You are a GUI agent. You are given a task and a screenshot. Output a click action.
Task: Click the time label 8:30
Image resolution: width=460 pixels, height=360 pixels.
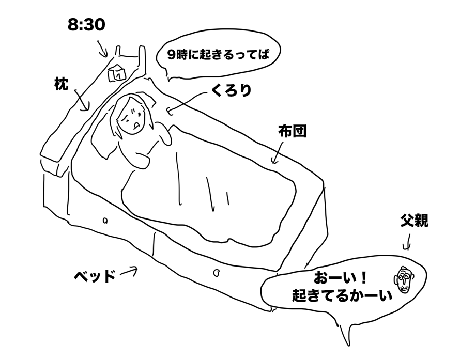point(86,25)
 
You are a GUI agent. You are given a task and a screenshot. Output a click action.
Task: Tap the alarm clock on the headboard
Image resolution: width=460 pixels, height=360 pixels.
point(117,73)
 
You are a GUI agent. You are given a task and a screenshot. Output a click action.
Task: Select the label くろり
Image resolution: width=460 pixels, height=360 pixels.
point(231,90)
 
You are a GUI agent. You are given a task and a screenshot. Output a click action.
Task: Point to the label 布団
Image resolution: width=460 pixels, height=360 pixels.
point(292,131)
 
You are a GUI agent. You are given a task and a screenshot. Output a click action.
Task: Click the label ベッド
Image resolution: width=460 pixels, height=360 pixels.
point(95,276)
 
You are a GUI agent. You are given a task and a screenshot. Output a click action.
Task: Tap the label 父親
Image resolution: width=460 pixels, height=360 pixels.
point(414,221)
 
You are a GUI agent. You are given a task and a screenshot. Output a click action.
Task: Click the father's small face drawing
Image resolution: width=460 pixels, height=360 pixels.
point(404,279)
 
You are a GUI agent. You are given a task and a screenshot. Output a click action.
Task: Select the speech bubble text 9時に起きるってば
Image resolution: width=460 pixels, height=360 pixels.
point(218,55)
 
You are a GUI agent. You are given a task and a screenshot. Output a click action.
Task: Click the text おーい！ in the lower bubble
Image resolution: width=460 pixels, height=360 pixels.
point(340,278)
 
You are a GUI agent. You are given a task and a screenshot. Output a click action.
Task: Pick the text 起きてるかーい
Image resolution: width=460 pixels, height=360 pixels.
point(342,295)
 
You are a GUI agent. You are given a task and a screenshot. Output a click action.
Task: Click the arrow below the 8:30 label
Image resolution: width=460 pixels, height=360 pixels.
point(103,49)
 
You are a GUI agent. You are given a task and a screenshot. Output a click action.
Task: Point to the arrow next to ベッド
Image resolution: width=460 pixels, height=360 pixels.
point(129,272)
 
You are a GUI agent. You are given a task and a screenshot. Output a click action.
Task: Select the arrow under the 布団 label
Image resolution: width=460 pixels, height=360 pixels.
point(278,152)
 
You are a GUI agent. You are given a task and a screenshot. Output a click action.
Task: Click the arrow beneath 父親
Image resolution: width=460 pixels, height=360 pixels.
point(407,243)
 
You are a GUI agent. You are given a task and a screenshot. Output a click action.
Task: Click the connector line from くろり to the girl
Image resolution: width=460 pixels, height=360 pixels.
point(188,101)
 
